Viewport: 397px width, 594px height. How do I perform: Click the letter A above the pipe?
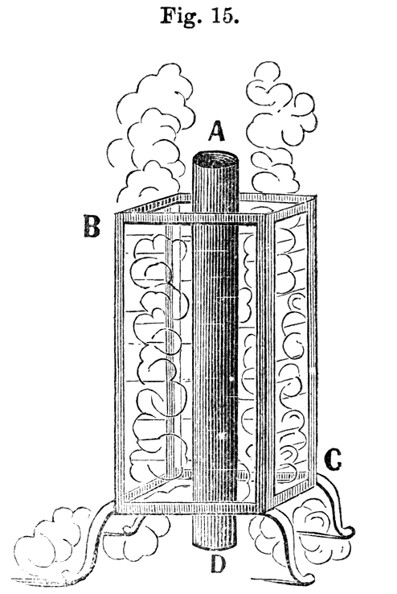tap(217, 131)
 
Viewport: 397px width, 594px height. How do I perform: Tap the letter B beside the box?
tap(92, 226)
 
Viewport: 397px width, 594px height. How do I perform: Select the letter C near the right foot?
tap(333, 460)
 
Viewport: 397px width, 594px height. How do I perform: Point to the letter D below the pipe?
tap(218, 565)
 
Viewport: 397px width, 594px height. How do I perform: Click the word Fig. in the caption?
tap(178, 15)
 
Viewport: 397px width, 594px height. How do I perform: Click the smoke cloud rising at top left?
tap(151, 133)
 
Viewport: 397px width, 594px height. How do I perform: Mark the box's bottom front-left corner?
tap(116, 511)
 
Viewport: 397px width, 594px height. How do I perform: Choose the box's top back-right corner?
tap(314, 197)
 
